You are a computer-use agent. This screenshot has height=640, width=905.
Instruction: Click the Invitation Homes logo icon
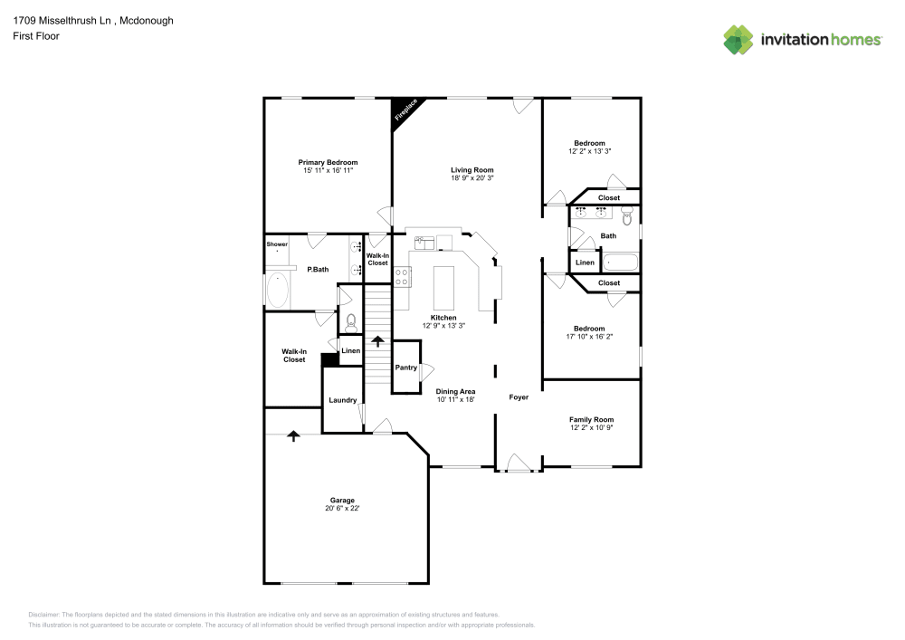click(x=738, y=39)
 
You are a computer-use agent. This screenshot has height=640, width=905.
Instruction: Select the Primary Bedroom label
click(x=328, y=162)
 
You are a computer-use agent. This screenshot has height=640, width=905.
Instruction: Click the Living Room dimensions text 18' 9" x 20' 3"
click(x=472, y=178)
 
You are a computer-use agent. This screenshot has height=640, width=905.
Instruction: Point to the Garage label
click(x=342, y=500)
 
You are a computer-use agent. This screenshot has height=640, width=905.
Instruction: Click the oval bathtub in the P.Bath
click(x=278, y=290)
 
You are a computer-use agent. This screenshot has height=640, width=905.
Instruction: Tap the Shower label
click(x=277, y=244)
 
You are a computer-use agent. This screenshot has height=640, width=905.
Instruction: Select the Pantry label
click(x=405, y=368)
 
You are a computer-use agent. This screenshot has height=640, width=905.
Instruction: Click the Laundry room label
click(x=342, y=400)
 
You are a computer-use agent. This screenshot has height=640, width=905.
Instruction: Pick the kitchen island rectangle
click(x=443, y=288)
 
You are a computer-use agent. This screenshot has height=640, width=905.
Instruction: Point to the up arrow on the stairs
click(x=377, y=341)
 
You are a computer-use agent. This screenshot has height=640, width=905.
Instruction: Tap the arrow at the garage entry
click(x=293, y=435)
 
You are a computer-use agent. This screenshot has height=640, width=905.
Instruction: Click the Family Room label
click(x=591, y=419)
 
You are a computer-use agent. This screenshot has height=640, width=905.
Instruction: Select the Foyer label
click(x=519, y=397)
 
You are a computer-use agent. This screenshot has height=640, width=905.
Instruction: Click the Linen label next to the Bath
click(x=585, y=263)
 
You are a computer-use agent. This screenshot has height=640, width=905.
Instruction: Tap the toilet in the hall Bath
click(x=625, y=215)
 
